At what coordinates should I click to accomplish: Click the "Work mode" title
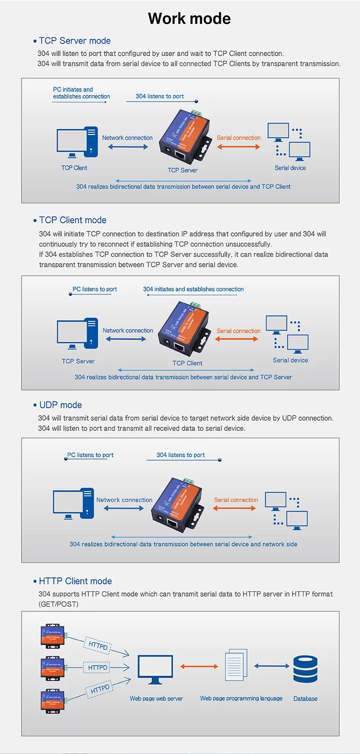(x=189, y=19)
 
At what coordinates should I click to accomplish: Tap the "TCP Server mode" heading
(x=74, y=41)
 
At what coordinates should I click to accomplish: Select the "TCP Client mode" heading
(x=72, y=220)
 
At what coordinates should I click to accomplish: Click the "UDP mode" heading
(x=60, y=405)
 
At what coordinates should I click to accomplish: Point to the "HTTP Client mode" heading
(x=75, y=581)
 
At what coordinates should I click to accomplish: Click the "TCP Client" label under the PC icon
(x=74, y=168)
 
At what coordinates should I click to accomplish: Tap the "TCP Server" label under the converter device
(x=182, y=170)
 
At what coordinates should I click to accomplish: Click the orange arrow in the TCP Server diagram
(x=239, y=146)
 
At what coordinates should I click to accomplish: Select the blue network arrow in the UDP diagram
(x=124, y=508)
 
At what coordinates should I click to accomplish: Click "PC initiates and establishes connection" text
(x=81, y=93)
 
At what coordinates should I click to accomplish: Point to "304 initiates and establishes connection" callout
(x=193, y=289)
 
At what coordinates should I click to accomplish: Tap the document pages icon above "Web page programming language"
(x=236, y=665)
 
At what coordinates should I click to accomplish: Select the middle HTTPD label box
(x=98, y=668)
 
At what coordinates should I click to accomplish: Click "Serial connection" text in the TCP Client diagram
(x=239, y=331)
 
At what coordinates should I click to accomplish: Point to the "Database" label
(x=305, y=699)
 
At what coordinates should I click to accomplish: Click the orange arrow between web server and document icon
(x=199, y=666)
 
